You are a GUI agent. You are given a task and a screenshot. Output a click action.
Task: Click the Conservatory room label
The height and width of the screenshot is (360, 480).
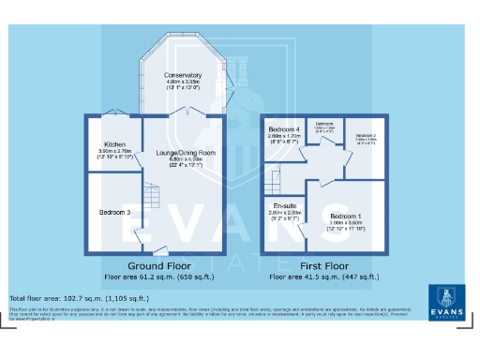pos(183,74)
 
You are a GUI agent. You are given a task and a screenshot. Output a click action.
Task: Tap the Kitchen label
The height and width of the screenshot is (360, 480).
pos(115,143)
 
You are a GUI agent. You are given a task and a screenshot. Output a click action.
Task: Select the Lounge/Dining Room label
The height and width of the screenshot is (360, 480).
pos(192,152)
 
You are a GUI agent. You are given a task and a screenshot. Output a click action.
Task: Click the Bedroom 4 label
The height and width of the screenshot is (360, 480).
pos(284,128)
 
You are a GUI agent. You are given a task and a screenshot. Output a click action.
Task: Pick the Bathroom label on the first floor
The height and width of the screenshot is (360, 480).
pos(325,124)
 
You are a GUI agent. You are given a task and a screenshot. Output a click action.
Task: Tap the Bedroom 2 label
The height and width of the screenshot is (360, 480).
pos(366,135)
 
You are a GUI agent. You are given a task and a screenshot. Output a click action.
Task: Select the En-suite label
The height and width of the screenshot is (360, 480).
pos(285,205)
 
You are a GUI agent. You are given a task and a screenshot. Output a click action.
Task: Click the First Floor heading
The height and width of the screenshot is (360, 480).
pos(323,266)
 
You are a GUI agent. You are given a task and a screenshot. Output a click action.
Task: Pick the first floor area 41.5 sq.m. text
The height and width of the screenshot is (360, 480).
pos(323,277)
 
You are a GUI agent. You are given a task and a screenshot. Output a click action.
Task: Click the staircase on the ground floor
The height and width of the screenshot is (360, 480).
pos(151,198)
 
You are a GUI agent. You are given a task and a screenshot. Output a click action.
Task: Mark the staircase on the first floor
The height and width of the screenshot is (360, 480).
pos(274,175)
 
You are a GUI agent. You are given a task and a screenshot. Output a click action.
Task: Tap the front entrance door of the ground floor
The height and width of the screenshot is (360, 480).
pos(161,251)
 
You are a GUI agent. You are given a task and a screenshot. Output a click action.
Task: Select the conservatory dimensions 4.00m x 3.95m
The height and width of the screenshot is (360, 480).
pos(183,82)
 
